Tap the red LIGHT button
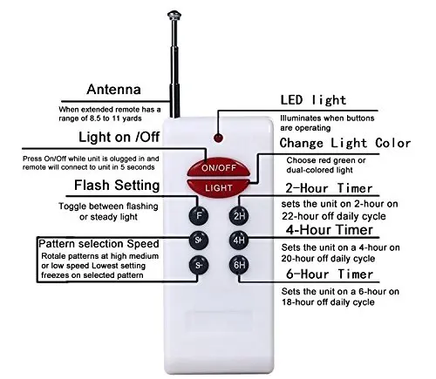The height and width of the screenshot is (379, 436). pos(218,187)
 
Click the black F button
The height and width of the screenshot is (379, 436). pos(199,215)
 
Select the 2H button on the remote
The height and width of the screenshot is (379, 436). pos(239,215)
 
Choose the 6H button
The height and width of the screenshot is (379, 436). pos(239,265)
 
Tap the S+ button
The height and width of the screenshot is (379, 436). pos(199,240)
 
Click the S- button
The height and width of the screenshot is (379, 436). pos(199,265)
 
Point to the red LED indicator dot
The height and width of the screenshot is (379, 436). pos(218,138)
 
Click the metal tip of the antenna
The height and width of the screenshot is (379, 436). pos(174,15)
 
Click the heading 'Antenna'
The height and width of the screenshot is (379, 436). pos(113,90)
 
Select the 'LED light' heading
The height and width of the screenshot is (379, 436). pos(313,100)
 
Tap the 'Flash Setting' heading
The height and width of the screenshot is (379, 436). pos(117,185)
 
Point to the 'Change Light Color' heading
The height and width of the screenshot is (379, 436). pos(345,143)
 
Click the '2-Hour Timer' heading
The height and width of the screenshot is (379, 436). pos(329,188)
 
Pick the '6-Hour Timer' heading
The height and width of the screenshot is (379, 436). pos(330,274)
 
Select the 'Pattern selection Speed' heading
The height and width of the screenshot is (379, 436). pos(99,244)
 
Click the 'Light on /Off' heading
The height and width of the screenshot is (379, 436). pos(119,137)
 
